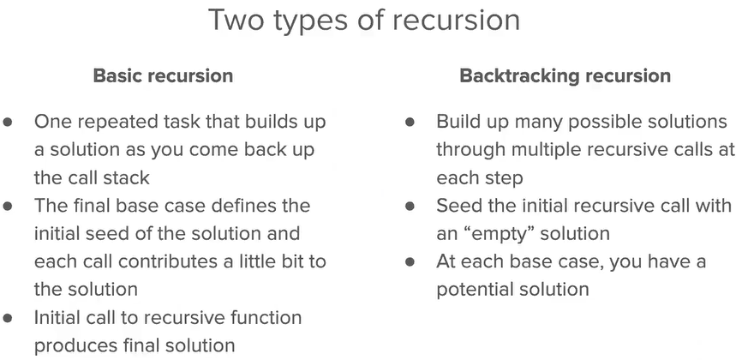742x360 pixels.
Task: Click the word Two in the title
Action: click(x=235, y=20)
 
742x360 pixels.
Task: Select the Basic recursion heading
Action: click(x=163, y=75)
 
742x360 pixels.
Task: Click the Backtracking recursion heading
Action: click(x=565, y=75)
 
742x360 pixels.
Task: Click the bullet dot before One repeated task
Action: click(x=8, y=123)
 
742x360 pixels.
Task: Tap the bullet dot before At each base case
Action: click(x=410, y=261)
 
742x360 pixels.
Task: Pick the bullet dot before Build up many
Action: click(x=410, y=123)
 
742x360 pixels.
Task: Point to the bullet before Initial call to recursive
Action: click(x=8, y=317)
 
